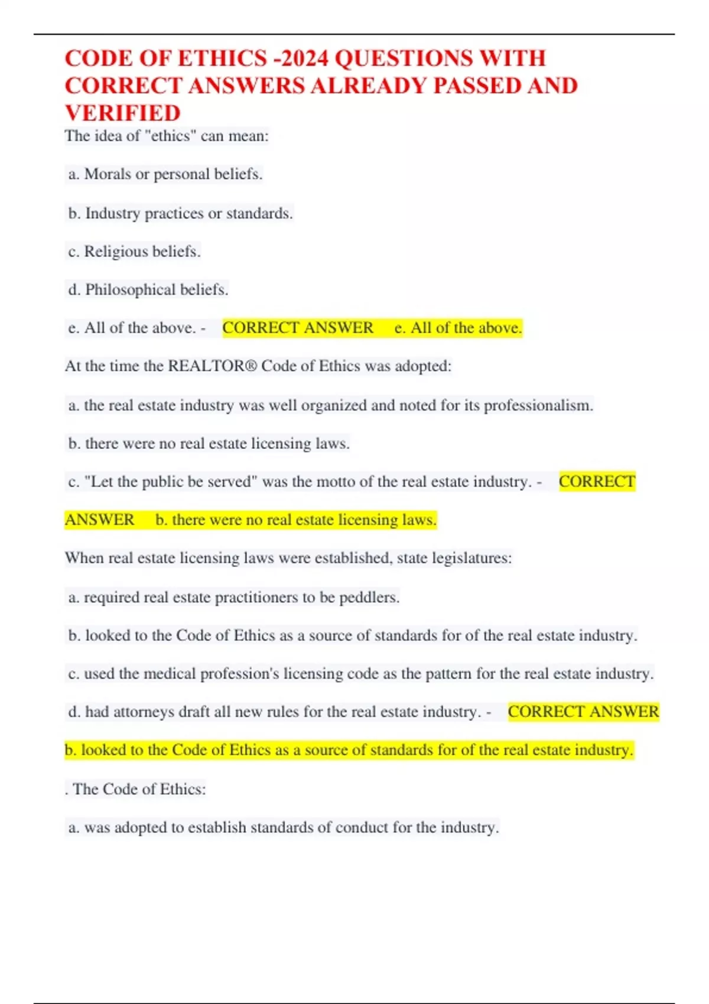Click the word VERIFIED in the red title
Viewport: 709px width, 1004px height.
pos(122,113)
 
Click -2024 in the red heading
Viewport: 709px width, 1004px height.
pos(301,58)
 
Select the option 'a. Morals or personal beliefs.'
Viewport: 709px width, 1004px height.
pos(165,174)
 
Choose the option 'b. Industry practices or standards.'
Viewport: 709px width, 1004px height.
pos(180,213)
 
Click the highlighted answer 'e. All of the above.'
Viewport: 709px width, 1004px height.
pos(458,328)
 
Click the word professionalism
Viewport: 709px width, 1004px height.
pos(538,406)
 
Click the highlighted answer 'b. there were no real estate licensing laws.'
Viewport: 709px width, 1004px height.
pos(295,520)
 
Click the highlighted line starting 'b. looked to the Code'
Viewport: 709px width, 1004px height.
pos(349,750)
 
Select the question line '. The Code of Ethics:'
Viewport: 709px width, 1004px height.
pos(136,789)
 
